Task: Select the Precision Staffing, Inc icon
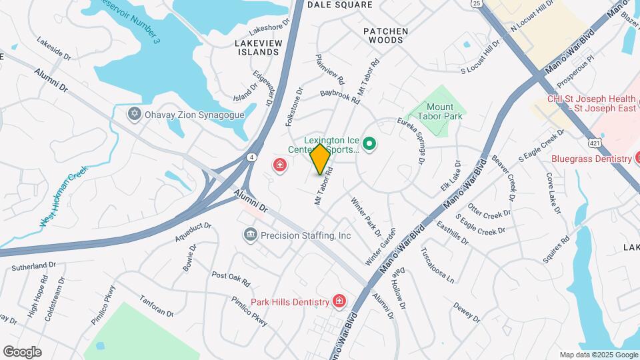point(251,235)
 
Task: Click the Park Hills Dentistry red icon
point(339,302)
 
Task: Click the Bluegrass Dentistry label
point(591,159)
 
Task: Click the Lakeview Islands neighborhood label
point(257,47)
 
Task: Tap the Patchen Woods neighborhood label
point(383,35)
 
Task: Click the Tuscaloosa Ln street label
point(437,265)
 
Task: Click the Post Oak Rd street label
point(230,277)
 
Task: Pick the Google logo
point(22,352)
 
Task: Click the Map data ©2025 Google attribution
point(598,355)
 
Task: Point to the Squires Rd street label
point(556,249)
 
